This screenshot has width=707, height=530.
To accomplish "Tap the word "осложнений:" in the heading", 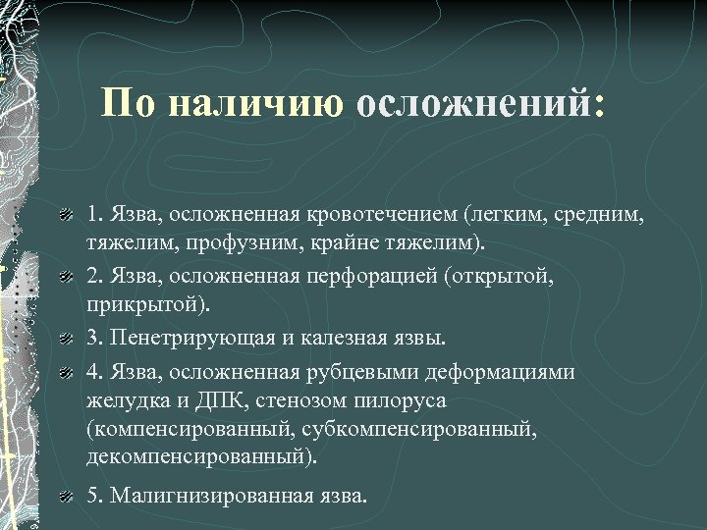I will [481, 102].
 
